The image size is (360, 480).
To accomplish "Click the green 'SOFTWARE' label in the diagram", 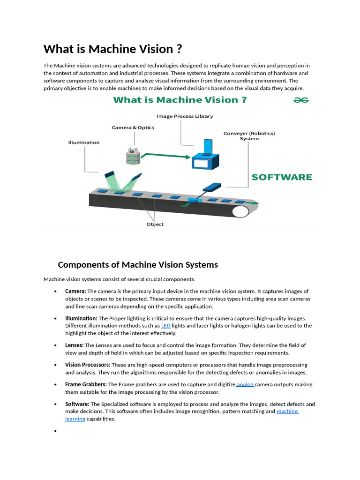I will pyautogui.click(x=281, y=177).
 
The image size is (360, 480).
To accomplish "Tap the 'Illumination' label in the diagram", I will pyautogui.click(x=84, y=142).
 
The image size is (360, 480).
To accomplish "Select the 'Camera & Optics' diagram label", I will pyautogui.click(x=133, y=127).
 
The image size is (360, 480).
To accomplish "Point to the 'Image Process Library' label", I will pyautogui.click(x=185, y=116).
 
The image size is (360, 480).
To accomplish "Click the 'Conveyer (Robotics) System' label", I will pyautogui.click(x=249, y=136).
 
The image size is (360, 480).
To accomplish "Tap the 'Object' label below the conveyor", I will pyautogui.click(x=155, y=225).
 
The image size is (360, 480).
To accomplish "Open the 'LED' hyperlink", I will pyautogui.click(x=165, y=326).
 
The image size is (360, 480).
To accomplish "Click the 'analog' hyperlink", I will pyautogui.click(x=245, y=384).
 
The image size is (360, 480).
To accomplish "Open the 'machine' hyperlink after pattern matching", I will pyautogui.click(x=287, y=412).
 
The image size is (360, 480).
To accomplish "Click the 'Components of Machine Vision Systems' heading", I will pyautogui.click(x=138, y=265).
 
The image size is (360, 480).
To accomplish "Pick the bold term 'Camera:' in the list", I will pyautogui.click(x=75, y=292).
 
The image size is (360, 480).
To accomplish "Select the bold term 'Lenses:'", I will pyautogui.click(x=75, y=345).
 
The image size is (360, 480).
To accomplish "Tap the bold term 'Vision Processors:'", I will pyautogui.click(x=88, y=365).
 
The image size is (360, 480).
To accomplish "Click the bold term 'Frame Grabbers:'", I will pyautogui.click(x=86, y=384).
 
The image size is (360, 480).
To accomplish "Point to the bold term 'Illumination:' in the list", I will pyautogui.click(x=81, y=318).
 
